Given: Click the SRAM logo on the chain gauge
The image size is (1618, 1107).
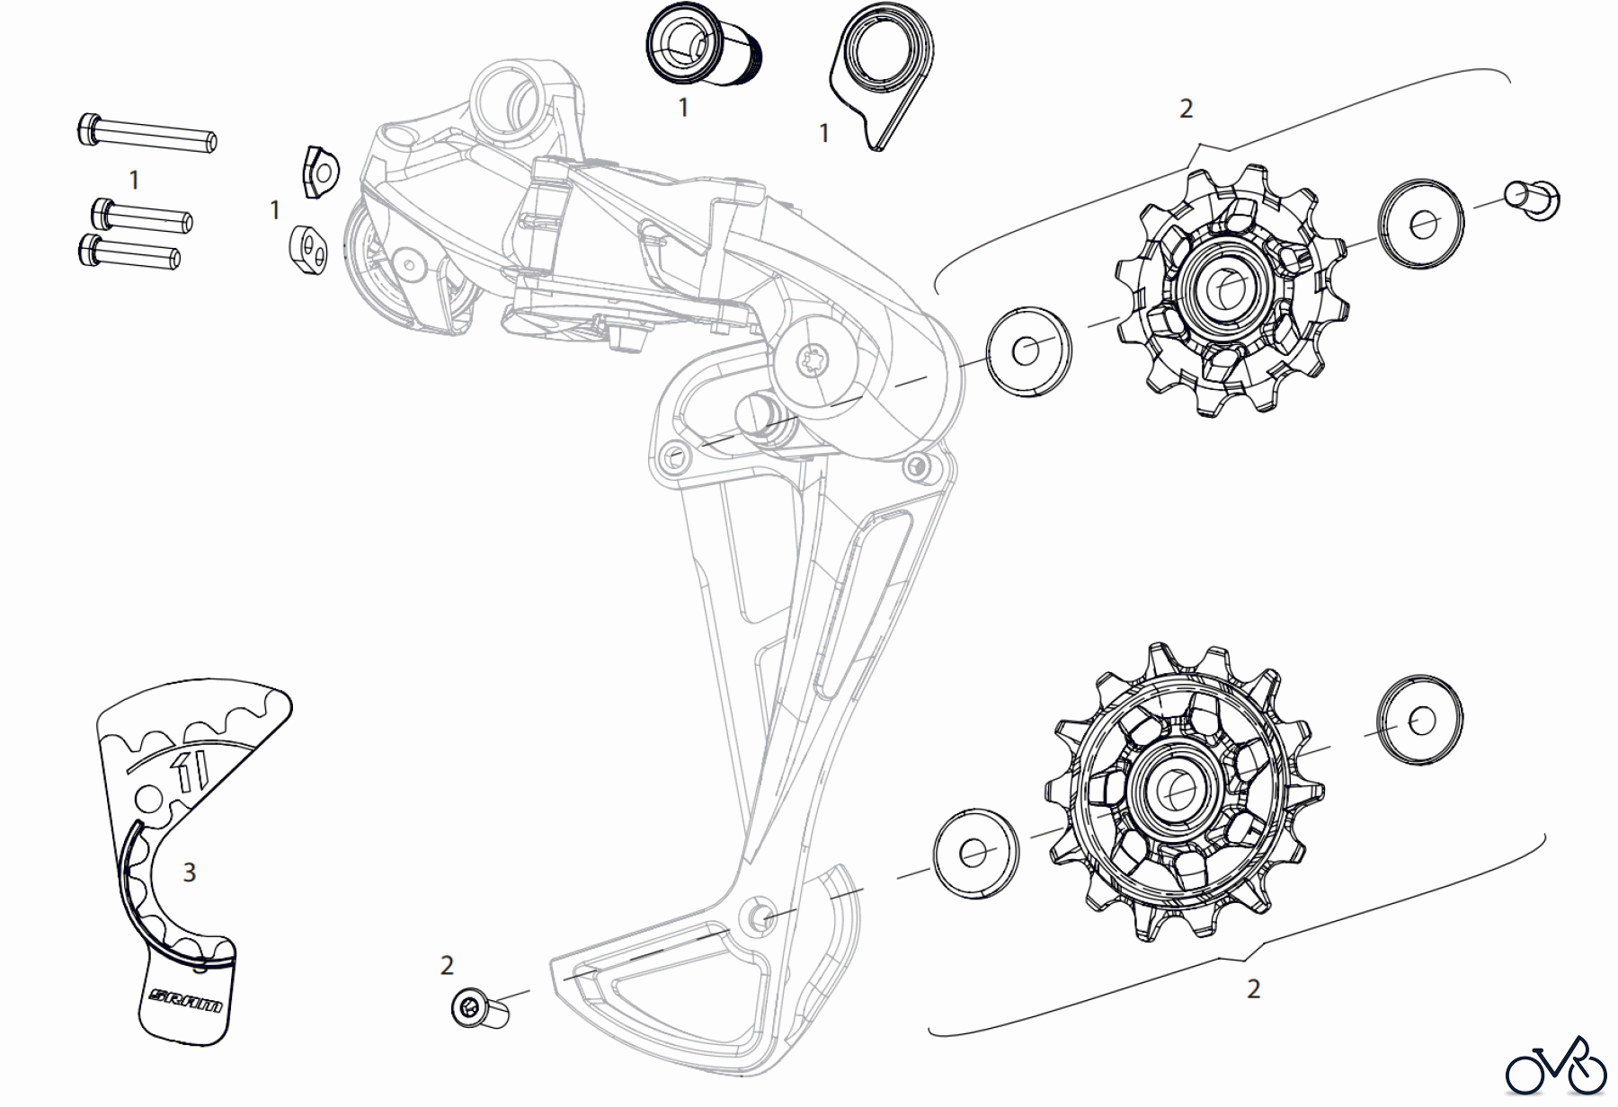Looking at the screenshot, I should tap(187, 1000).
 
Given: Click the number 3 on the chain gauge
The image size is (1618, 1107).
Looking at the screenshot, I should tap(189, 872).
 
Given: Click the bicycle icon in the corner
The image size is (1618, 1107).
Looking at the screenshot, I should tap(1556, 1067).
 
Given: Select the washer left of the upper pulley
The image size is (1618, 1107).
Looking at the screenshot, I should tap(1028, 350).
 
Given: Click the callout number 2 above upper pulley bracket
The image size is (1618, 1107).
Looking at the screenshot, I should tap(1186, 109).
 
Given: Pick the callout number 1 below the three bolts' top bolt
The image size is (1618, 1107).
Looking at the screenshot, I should tap(134, 181).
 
